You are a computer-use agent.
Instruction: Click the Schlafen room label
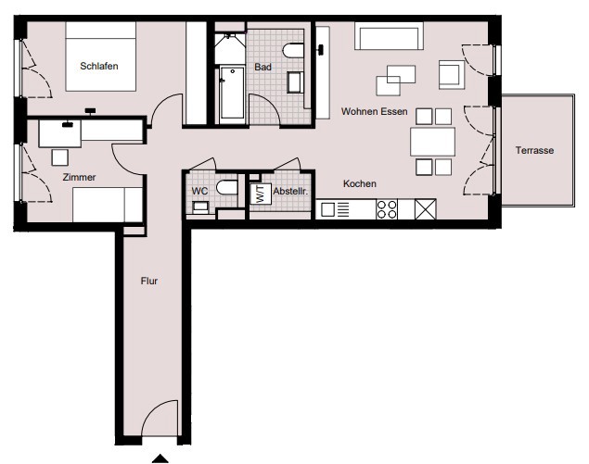pos(99,66)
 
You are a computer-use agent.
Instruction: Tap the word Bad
pos(262,67)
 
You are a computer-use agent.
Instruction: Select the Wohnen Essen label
pos(375,111)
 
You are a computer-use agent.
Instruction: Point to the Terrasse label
pos(534,150)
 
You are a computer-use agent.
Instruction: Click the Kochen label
pos(360,183)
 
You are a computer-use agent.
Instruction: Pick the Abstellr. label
pos(290,191)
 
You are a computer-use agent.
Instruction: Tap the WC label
pos(199,191)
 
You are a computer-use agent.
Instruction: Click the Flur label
pos(149,281)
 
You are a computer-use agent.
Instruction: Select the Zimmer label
pos(79,177)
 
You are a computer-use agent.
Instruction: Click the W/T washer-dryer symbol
pos(261,194)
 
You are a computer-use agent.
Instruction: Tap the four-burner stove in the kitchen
pos(387,209)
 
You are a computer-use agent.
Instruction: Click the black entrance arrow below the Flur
pos(160,458)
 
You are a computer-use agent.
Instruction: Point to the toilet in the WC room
pos(227,187)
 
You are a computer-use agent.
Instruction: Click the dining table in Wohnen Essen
pos(433,142)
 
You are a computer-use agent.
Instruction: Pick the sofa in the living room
pos(390,35)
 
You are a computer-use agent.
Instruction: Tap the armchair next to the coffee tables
pos(451,75)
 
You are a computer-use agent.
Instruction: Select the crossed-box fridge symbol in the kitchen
pos(426,209)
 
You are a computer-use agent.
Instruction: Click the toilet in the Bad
pos(293,51)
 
